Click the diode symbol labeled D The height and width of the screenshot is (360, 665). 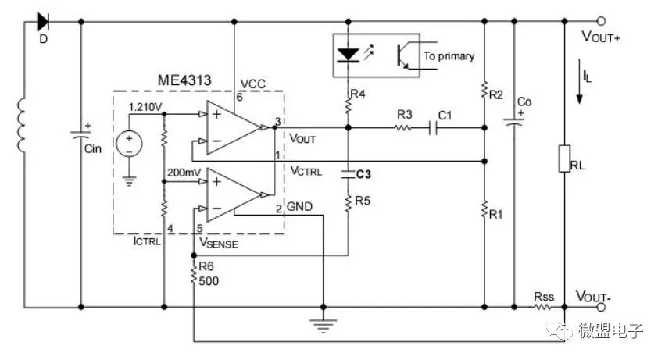43,21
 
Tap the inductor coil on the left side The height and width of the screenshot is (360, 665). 21,125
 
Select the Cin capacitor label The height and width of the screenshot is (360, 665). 93,149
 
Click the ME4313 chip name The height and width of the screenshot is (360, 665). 184,80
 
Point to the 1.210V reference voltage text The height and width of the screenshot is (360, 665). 145,107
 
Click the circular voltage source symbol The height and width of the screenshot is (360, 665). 129,144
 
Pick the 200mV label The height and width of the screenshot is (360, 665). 184,173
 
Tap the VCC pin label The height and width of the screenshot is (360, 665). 252,84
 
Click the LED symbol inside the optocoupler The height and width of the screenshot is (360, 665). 349,55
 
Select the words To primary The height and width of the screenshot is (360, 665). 449,56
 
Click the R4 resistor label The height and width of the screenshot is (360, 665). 358,94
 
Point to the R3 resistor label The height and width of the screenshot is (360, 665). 405,115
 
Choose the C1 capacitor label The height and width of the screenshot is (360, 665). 445,116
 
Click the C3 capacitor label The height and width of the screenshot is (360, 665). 363,174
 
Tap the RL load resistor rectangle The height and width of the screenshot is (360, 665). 564,159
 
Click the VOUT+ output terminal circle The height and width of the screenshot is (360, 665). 601,21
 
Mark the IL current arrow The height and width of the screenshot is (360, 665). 579,81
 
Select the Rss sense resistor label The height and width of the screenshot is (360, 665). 544,297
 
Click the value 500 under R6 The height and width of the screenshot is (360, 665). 209,280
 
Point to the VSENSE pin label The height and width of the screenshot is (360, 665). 219,243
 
